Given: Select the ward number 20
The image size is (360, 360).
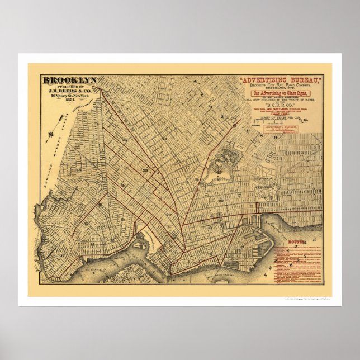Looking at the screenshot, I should (x=168, y=214).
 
